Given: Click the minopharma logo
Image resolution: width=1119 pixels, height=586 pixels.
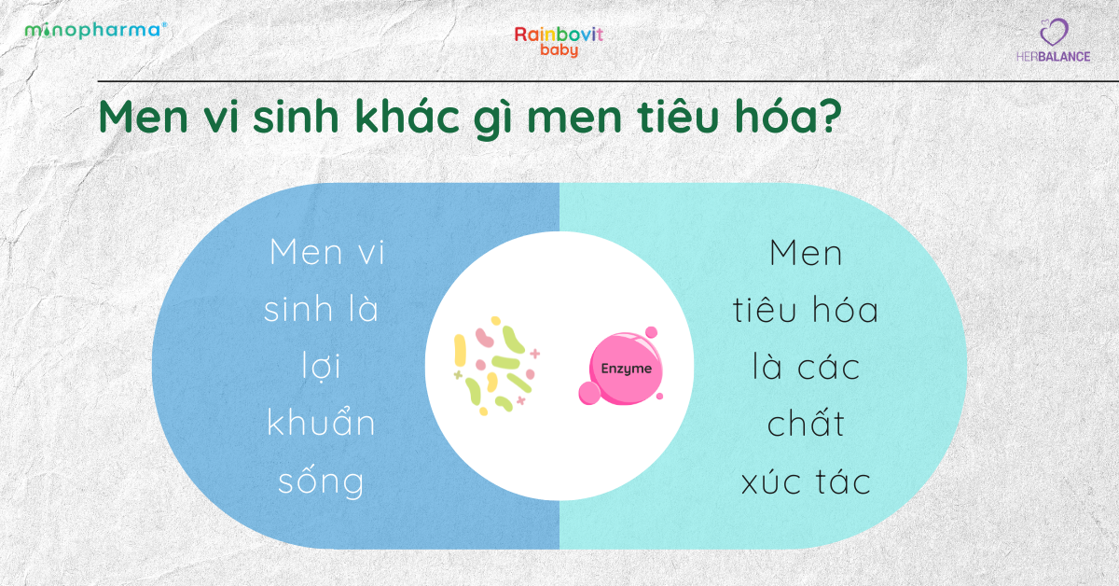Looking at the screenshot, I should [x=96, y=30].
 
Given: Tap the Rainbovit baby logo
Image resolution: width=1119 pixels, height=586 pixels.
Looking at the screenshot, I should [x=559, y=41].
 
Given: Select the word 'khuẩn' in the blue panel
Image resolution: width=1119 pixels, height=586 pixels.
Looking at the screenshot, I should [x=322, y=423].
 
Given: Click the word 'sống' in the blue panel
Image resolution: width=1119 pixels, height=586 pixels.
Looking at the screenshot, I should [x=322, y=481].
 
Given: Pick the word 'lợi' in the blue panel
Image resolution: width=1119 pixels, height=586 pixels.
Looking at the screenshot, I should [x=322, y=367].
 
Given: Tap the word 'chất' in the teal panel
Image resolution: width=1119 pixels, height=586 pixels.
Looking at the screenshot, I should [x=806, y=423].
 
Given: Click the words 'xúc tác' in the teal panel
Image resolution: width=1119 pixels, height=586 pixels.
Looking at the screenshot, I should [x=806, y=481].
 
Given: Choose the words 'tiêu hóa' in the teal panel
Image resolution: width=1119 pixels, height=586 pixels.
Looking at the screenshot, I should [x=806, y=310].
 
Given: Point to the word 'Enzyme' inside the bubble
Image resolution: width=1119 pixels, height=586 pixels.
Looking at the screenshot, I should [x=620, y=370].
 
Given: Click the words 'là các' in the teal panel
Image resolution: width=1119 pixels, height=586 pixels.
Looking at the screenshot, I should [x=806, y=367].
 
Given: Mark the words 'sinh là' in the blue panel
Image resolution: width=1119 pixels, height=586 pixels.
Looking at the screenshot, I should [x=322, y=310].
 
